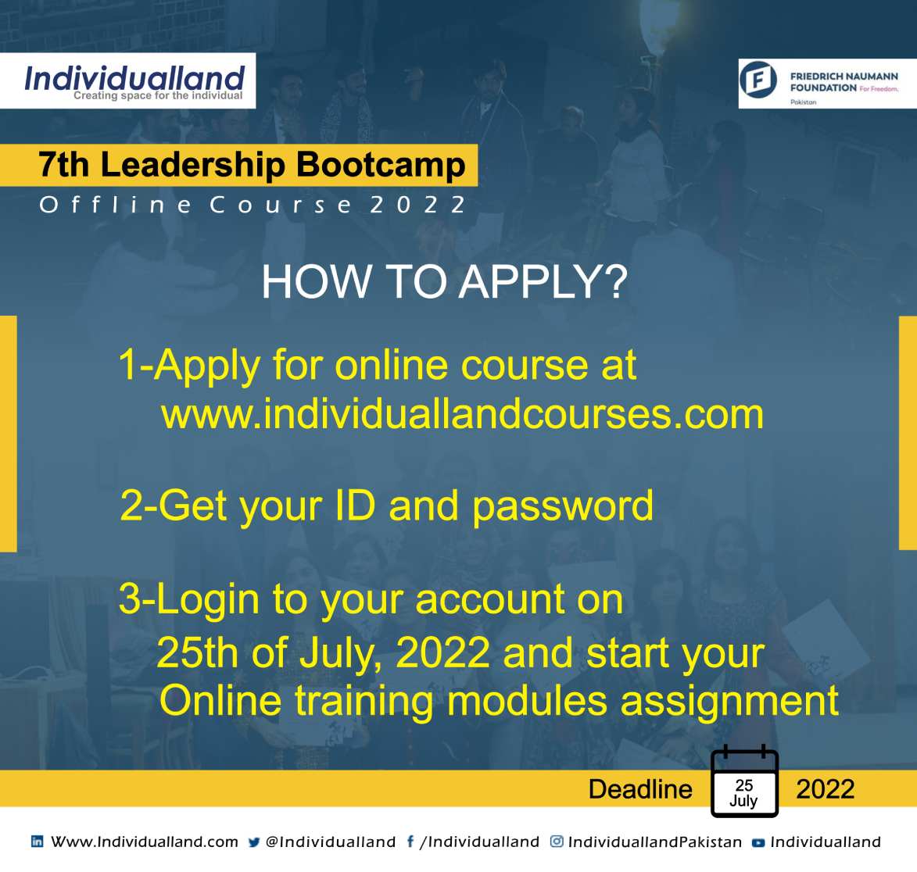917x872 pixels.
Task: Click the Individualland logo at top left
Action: (x=134, y=82)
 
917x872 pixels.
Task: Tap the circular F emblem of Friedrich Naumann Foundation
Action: (x=758, y=80)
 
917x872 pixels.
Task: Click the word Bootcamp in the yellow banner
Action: (x=381, y=164)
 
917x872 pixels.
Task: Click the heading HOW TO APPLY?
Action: (x=445, y=282)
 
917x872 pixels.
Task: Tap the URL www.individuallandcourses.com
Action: (x=462, y=414)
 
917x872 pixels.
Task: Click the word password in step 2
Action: (x=563, y=507)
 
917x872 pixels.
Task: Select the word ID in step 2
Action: (x=355, y=505)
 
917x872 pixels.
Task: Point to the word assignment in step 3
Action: (x=729, y=702)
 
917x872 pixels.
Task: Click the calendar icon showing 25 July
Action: (x=744, y=781)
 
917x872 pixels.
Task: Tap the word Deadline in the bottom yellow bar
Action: (x=640, y=789)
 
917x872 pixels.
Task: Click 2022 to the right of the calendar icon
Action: (x=826, y=789)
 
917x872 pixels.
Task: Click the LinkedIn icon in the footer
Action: (x=37, y=842)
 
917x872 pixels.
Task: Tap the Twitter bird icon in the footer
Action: (x=254, y=842)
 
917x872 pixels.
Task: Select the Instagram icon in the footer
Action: (x=557, y=841)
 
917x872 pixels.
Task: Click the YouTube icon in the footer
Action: (x=758, y=842)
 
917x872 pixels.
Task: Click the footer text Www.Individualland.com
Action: (x=145, y=842)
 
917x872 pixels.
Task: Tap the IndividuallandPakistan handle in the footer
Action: (x=655, y=842)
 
